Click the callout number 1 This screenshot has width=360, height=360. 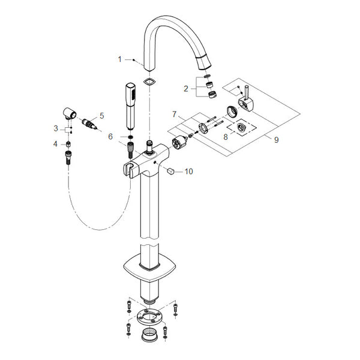(x=119, y=59)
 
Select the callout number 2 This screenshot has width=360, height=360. (x=186, y=88)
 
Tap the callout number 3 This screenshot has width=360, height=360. (x=56, y=128)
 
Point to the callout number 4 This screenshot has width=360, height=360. (x=55, y=144)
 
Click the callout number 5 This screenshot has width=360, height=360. (x=102, y=116)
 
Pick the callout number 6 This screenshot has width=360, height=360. (x=110, y=137)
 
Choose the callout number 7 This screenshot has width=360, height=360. (x=175, y=114)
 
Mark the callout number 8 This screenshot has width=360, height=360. (x=226, y=137)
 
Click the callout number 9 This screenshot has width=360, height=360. (x=277, y=140)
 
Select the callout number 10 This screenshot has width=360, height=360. (x=189, y=171)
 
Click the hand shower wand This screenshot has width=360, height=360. (x=131, y=106)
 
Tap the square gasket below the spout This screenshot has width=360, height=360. (x=149, y=81)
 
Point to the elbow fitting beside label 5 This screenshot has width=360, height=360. (x=70, y=113)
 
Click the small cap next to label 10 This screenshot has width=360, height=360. (x=171, y=171)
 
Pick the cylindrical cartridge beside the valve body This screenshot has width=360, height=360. (x=180, y=143)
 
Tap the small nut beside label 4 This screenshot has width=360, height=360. (x=68, y=145)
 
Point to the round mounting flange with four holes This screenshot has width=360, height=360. (x=149, y=317)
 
